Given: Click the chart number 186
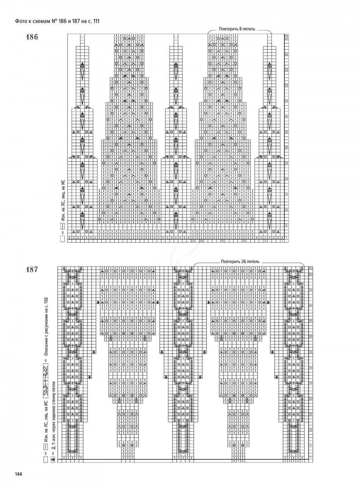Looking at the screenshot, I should [32, 37].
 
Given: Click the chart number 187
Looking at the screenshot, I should [32, 269].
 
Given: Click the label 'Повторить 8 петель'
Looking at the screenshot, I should [237, 29].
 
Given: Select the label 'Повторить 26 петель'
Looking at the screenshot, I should [240, 262].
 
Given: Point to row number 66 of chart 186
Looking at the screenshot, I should [287, 35].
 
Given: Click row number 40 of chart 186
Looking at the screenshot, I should [287, 116].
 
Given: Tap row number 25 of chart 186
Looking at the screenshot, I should [287, 163].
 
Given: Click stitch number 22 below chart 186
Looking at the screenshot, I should [193, 241].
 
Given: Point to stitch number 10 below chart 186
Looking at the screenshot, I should [244, 241].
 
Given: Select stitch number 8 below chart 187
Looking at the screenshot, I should [234, 461].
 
